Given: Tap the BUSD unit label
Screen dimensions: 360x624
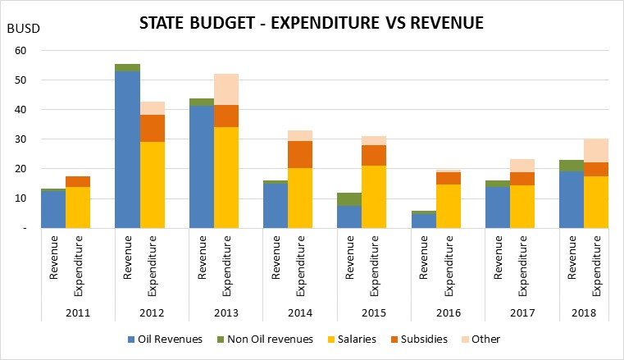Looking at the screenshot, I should (24, 30).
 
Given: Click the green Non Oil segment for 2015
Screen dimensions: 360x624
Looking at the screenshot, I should (349, 199).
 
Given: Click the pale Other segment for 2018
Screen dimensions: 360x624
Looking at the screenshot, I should (596, 150).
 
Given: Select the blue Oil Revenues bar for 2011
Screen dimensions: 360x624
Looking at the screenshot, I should (53, 209).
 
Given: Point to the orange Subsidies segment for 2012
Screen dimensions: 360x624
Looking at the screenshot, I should (153, 128).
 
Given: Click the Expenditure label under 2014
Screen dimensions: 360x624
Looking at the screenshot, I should (301, 265).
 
